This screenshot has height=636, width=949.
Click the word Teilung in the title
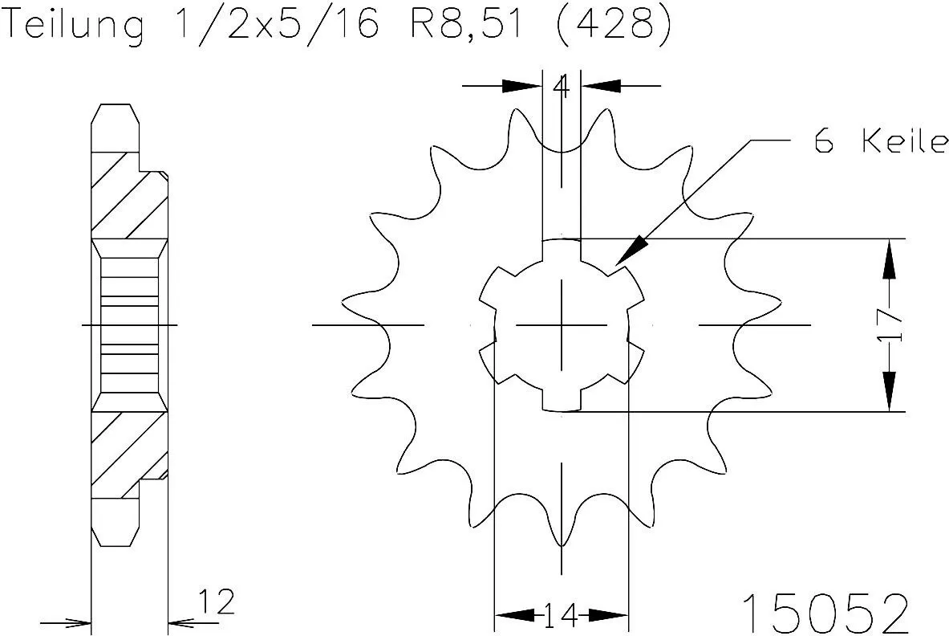coord(75,26)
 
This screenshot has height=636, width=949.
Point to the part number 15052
coord(825,614)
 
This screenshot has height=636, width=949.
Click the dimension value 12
coord(217,601)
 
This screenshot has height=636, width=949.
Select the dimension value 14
coord(561,617)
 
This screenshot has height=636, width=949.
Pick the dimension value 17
coord(890,325)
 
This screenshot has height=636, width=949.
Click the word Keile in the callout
coord(904,143)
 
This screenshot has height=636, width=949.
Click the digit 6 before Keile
coord(823,143)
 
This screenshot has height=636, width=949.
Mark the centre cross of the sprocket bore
coord(562,325)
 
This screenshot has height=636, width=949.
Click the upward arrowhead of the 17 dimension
coord(890,259)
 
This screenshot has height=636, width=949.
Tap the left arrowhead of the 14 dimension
coord(513,616)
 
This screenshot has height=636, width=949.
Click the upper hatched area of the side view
coord(128,193)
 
